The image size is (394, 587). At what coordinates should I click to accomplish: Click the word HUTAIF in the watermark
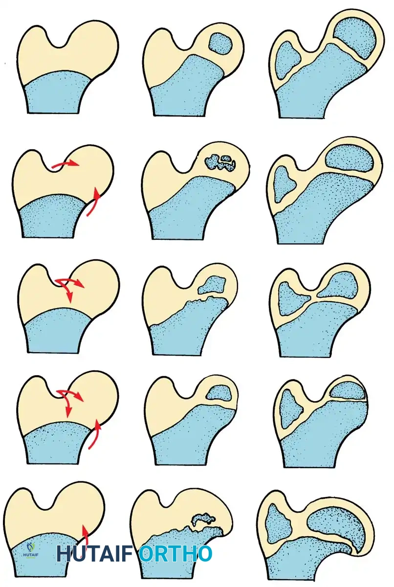96,554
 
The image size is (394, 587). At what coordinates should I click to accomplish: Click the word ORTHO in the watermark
175,554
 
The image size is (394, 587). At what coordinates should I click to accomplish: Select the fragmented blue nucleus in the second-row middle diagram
220,162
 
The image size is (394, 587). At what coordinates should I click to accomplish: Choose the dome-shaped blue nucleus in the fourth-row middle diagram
219,391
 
